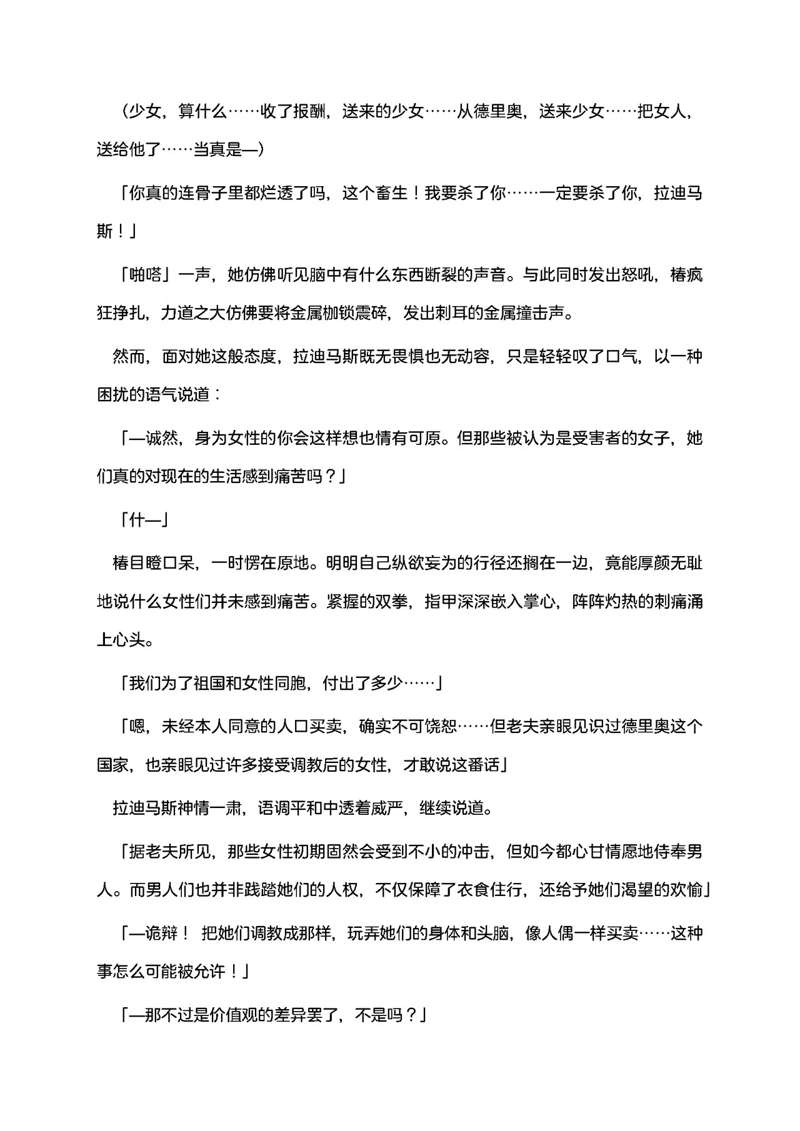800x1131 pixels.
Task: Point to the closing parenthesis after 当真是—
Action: pyautogui.click(x=260, y=151)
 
